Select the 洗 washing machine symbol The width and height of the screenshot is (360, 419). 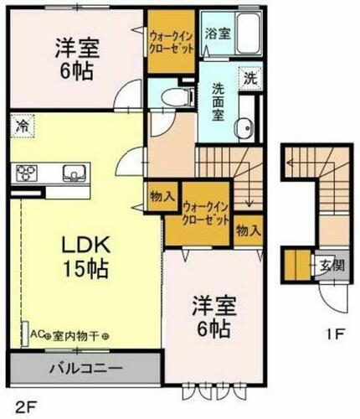250,79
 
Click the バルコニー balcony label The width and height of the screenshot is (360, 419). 81,368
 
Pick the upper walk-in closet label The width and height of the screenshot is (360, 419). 172,43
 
